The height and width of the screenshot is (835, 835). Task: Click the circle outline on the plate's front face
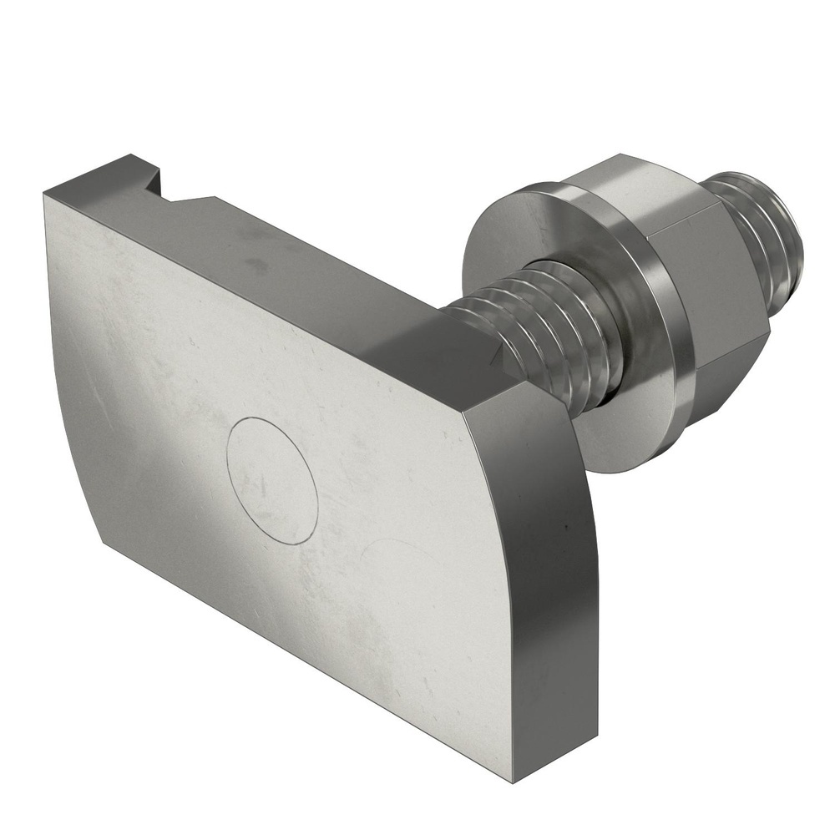[272, 481]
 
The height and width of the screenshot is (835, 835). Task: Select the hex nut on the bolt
[685, 276]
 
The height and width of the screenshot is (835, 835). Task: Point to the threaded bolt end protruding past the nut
[760, 234]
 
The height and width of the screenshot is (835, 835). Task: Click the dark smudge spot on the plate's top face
[256, 266]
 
